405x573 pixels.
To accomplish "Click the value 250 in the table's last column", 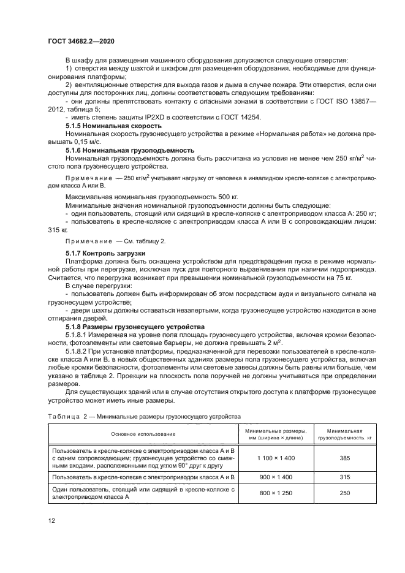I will click(344, 493).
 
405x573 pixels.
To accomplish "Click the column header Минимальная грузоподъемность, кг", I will click(344, 434).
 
